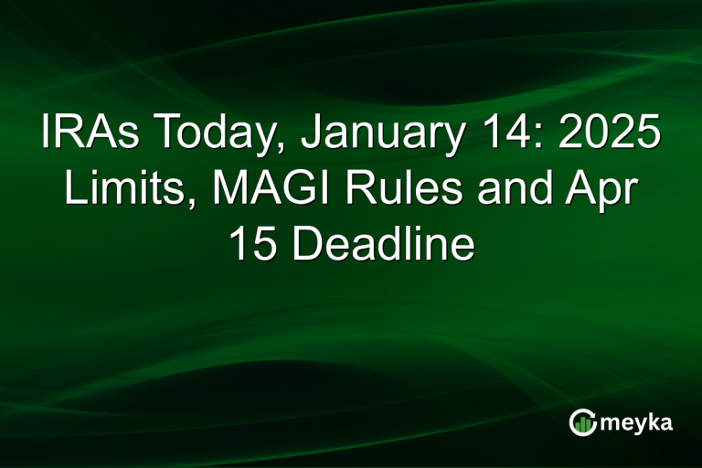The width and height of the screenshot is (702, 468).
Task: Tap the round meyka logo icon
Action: coord(582,421)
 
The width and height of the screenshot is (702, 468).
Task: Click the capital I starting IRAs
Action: coord(47,134)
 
